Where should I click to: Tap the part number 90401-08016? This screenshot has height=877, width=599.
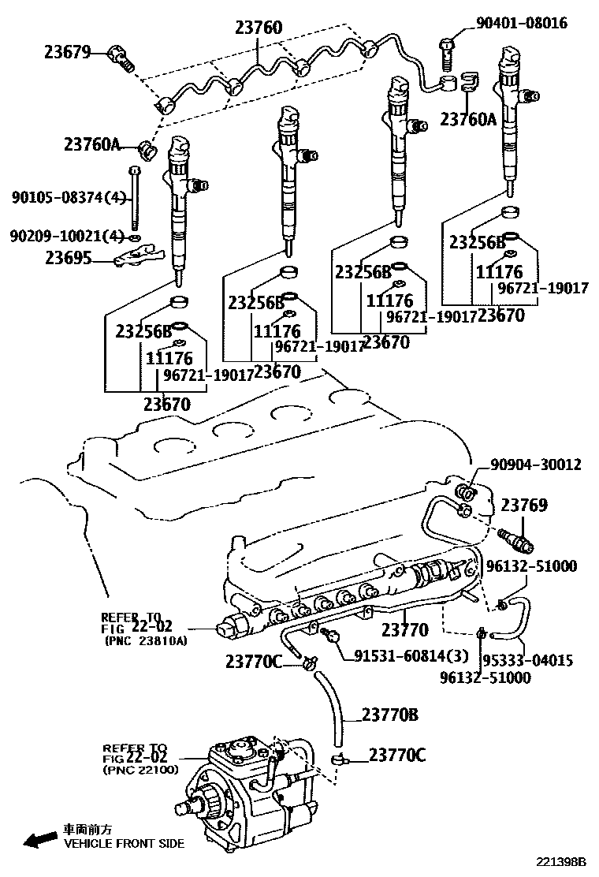(x=521, y=23)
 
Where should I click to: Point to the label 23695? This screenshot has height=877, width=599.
(x=68, y=257)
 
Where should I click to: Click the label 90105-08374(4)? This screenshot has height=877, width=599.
(x=68, y=197)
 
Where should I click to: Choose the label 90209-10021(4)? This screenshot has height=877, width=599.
(x=66, y=236)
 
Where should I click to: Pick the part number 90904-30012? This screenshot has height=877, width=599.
(x=536, y=465)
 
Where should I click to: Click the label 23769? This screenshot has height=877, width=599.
(x=524, y=505)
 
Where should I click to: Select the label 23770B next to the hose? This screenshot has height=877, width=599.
(x=389, y=715)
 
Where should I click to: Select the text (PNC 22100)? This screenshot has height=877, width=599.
(x=141, y=770)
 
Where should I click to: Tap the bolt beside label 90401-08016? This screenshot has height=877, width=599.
(x=446, y=49)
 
